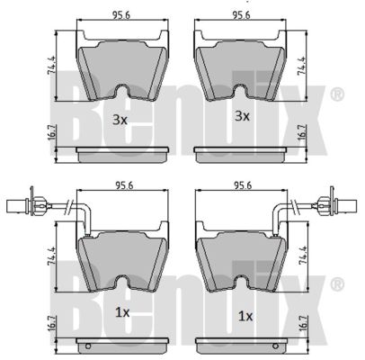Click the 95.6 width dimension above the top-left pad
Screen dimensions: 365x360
[x=121, y=15]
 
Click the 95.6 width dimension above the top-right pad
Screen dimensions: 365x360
[x=242, y=15]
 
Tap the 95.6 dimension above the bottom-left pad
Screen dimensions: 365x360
[x=125, y=185]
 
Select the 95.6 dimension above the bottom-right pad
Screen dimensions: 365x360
[x=243, y=185]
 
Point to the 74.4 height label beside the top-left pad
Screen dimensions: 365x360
[x=51, y=66]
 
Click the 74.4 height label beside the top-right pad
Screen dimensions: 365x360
[x=301, y=66]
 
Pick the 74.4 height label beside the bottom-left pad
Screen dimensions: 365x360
[x=51, y=256]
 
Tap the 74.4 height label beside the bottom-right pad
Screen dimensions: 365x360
[x=303, y=256]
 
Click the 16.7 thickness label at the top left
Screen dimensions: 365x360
[x=51, y=132]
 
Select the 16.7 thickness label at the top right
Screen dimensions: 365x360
[x=301, y=132]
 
